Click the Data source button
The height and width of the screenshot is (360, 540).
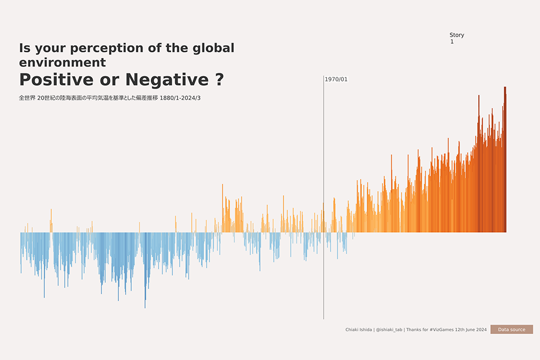pos(511,329)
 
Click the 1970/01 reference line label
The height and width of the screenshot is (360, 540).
pos(336,79)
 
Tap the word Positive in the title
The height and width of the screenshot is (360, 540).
pos(56,80)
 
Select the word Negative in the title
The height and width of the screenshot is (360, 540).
pos(167,80)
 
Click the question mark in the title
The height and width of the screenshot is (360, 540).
pos(219,80)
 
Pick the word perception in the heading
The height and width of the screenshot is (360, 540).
pos(109,48)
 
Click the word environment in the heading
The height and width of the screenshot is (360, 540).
pos(62,63)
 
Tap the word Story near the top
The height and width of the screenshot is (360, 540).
pos(456,35)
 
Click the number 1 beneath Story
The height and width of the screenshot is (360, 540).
pos(452,42)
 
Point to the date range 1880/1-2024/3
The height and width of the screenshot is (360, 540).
pos(184,98)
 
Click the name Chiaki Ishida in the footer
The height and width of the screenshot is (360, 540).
pos(359,330)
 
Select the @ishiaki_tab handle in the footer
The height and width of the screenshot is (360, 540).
pos(389,330)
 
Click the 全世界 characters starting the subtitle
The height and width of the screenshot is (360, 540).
pos(27,98)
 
